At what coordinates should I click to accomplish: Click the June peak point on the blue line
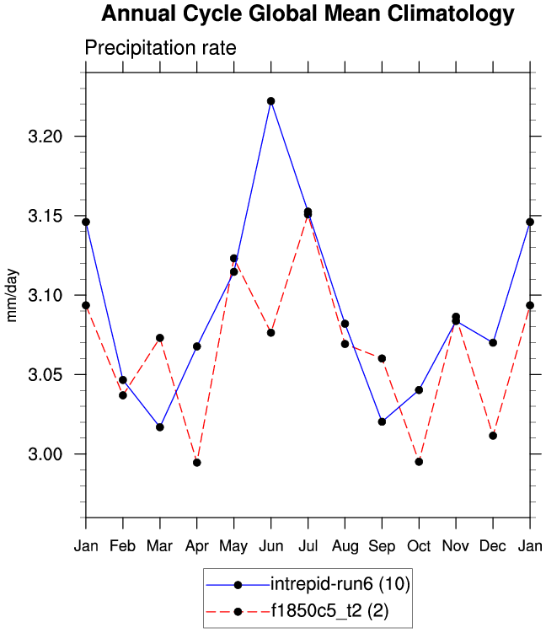270,101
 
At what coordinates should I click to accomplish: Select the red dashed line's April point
196,463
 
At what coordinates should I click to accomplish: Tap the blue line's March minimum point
159,427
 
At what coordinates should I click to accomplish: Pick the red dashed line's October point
419,462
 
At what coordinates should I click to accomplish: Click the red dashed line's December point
493,436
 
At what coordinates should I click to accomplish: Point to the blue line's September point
382,421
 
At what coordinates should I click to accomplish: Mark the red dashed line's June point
270,333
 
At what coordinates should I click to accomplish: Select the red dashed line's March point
159,338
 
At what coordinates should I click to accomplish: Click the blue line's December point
493,342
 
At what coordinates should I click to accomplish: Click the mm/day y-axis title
13,295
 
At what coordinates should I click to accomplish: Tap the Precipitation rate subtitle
160,48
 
